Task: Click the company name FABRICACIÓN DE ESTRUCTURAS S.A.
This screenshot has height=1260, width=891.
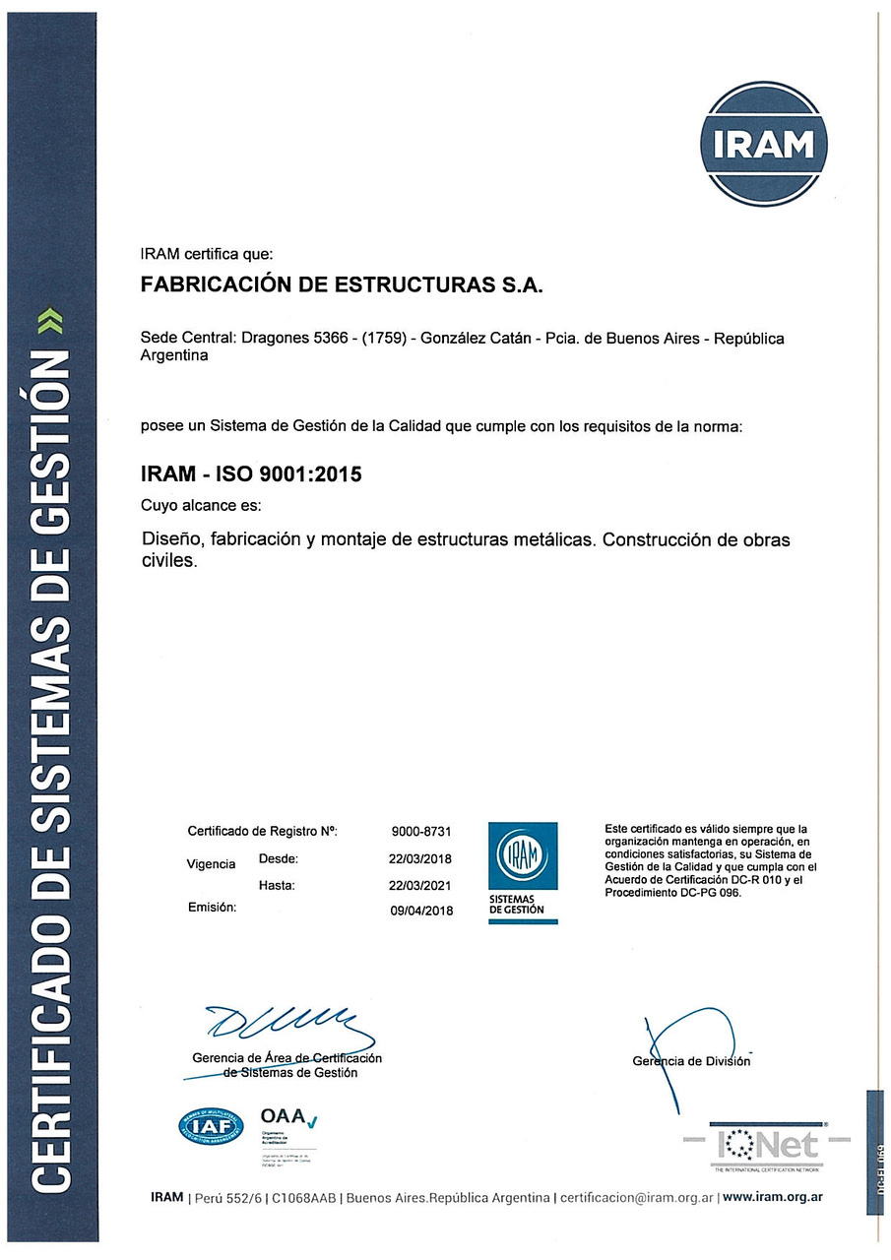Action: click(x=343, y=286)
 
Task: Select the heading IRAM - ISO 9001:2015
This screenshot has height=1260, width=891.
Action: click(x=253, y=474)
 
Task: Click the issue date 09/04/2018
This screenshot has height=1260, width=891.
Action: click(x=421, y=911)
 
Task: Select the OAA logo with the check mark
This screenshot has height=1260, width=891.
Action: click(x=286, y=1119)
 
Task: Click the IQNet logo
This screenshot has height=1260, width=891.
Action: click(x=767, y=1144)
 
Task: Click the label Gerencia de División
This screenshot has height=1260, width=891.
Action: click(x=691, y=1060)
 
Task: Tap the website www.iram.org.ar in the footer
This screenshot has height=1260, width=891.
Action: click(x=773, y=1197)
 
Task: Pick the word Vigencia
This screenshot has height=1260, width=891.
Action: click(x=211, y=864)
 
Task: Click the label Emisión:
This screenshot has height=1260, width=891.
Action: click(x=212, y=908)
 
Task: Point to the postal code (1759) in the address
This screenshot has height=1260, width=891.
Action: click(x=379, y=339)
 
